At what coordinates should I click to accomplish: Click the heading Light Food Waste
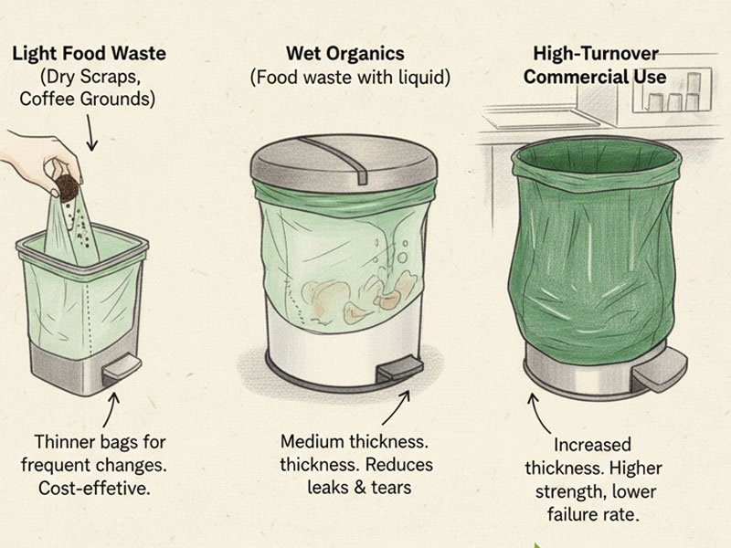88,53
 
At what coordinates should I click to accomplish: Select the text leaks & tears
358,488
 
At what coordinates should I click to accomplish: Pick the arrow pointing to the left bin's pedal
115,406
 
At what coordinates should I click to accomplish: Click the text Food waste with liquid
351,79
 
